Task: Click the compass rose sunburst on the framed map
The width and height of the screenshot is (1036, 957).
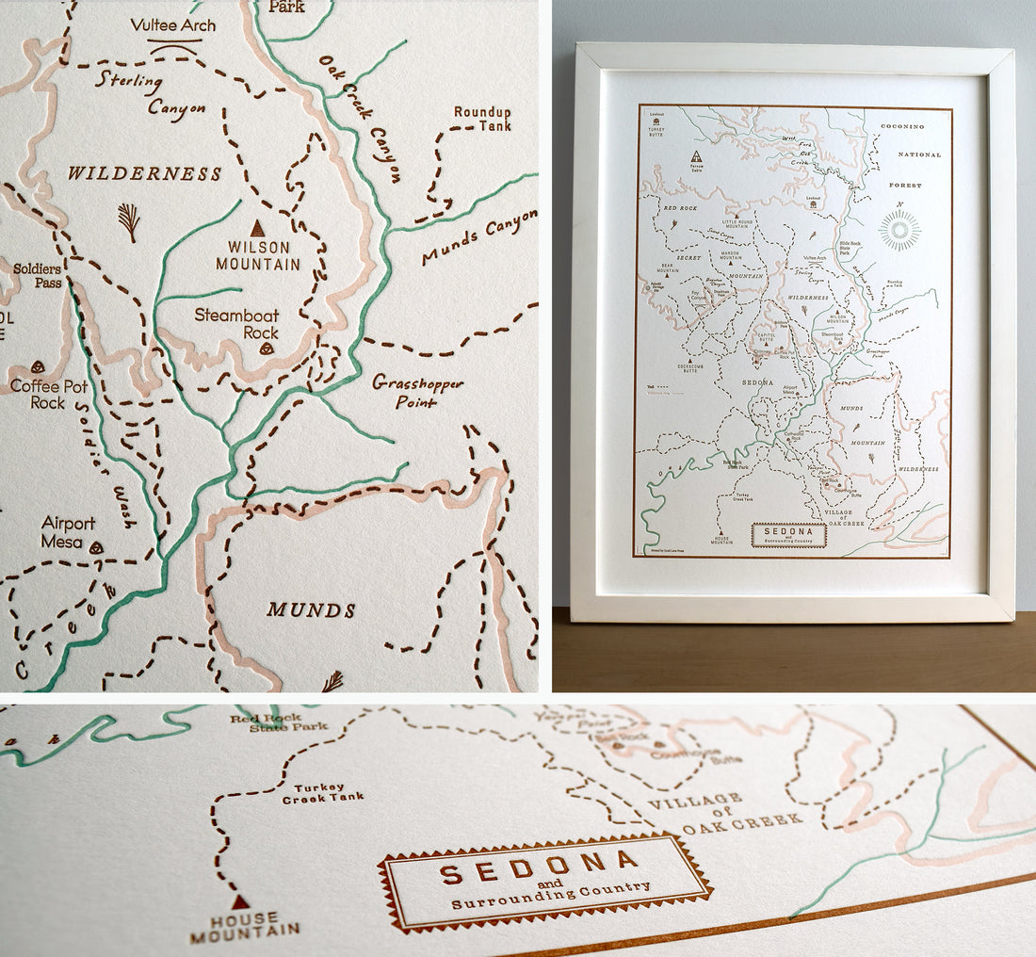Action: (x=899, y=231)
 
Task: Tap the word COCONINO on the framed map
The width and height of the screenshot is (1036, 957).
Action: (x=903, y=126)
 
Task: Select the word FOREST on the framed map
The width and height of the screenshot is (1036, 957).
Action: (x=905, y=186)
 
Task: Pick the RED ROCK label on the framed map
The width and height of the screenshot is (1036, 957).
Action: (x=679, y=208)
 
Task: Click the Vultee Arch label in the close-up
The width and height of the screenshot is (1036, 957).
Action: (x=173, y=25)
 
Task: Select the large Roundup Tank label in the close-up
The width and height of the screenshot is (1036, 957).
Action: (x=482, y=119)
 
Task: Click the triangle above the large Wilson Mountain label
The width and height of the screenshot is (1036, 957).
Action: (x=256, y=228)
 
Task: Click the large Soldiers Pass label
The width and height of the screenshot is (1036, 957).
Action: (x=37, y=276)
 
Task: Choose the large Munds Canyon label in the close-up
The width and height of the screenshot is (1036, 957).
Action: (x=480, y=238)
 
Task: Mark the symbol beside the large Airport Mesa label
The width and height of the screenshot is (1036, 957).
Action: (x=96, y=546)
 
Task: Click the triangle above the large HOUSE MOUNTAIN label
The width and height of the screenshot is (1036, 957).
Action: (x=241, y=901)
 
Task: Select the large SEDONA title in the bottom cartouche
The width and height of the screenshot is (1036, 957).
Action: (x=539, y=867)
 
